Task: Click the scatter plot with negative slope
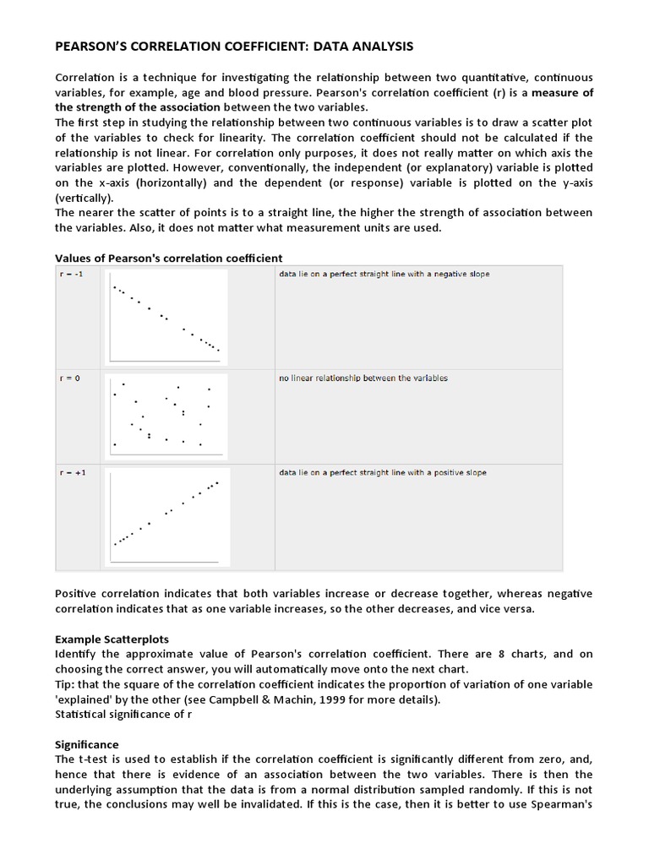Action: tap(166, 317)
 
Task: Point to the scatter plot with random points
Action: tap(166, 414)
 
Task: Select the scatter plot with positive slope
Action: tap(166, 515)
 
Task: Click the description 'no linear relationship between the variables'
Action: tap(363, 378)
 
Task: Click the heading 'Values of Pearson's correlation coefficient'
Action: tap(168, 257)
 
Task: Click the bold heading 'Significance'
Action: tap(87, 744)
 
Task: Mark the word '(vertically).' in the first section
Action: tap(88, 198)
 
